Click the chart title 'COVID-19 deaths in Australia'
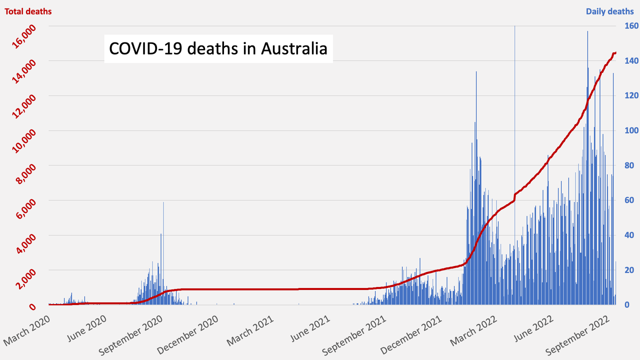pos(218,48)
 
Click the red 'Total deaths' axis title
pos(28,11)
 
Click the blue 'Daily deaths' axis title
pos(609,11)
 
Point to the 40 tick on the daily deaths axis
pos(627,235)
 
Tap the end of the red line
pos(615,52)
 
